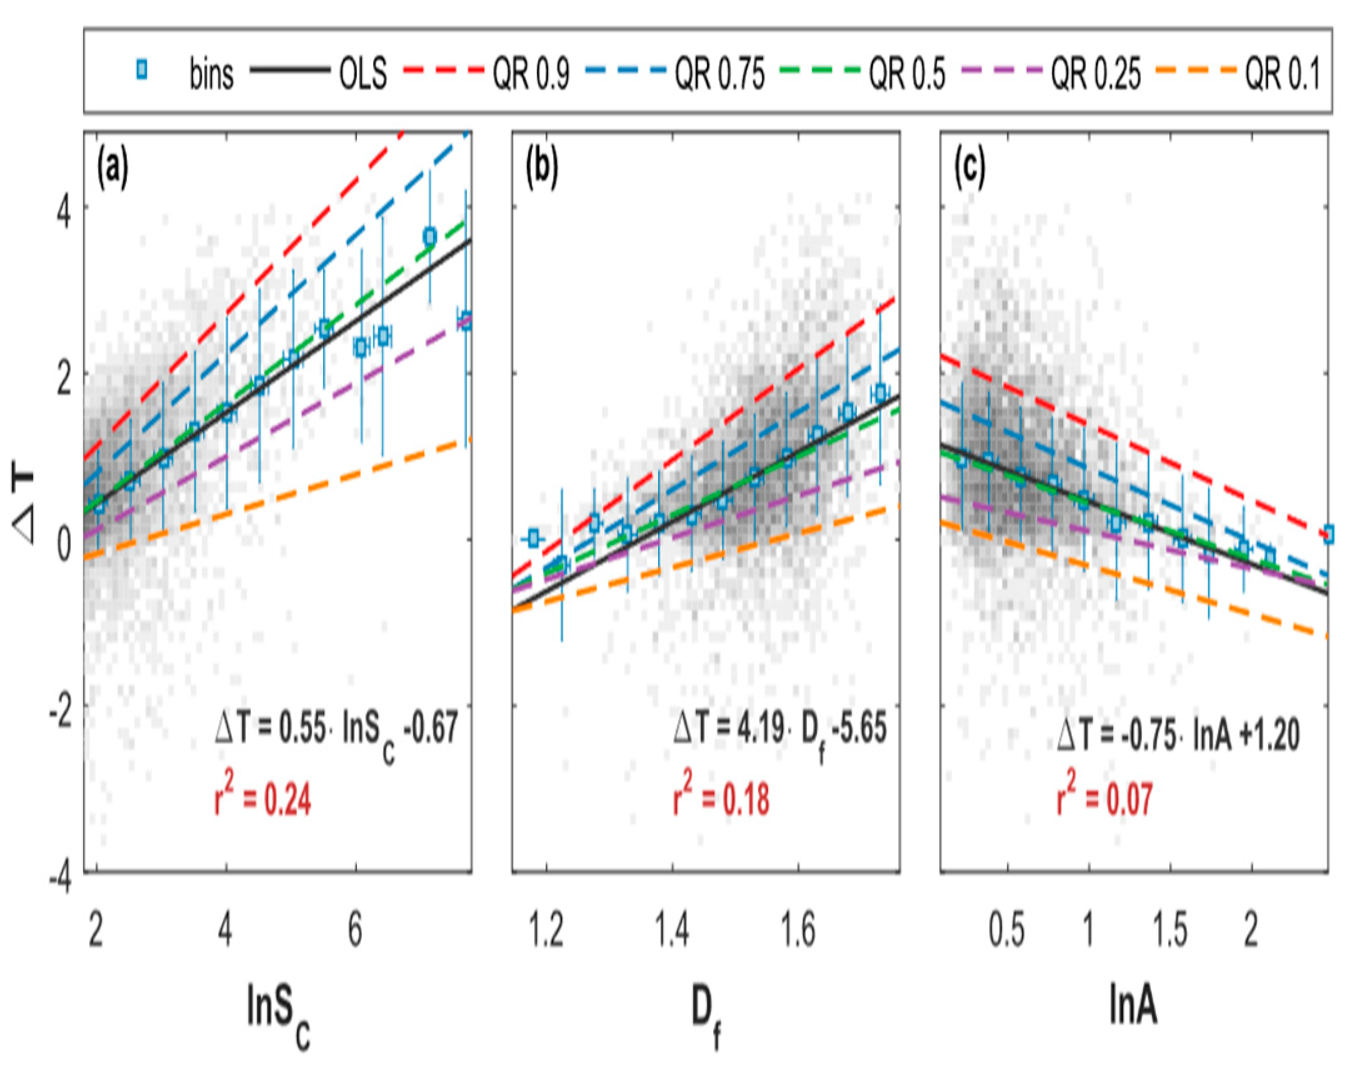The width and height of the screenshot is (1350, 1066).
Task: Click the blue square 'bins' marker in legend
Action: coord(142,71)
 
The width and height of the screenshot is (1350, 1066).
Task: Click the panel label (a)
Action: coord(112,168)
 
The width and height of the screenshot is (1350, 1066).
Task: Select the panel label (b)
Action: coord(541,168)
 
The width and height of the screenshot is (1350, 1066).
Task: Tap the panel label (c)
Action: coord(969,168)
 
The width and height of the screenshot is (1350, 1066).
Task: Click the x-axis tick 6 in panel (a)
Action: coord(355,930)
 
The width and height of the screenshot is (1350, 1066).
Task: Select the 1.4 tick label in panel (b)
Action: coord(672,930)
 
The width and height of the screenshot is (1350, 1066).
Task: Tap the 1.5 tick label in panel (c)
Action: coord(1169,930)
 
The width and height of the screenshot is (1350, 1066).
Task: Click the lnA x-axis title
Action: coord(1132,1006)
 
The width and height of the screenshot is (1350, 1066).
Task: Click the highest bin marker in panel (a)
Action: coord(429,236)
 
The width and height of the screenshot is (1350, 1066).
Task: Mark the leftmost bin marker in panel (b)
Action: coord(533,537)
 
